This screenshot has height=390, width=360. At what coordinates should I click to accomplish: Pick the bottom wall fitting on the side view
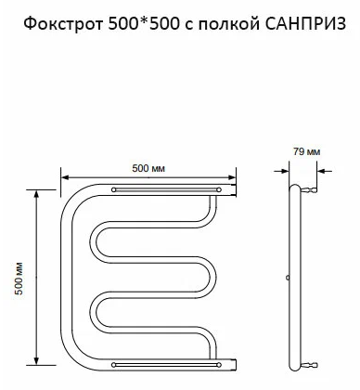(x=308, y=357)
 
